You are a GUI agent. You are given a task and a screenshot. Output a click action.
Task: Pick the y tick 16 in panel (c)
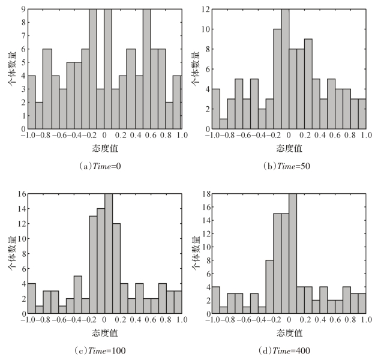coord(21,194)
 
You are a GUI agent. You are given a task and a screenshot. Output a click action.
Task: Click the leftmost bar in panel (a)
coord(31,101)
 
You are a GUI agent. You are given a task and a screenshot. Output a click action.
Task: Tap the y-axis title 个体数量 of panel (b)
coord(194,69)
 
